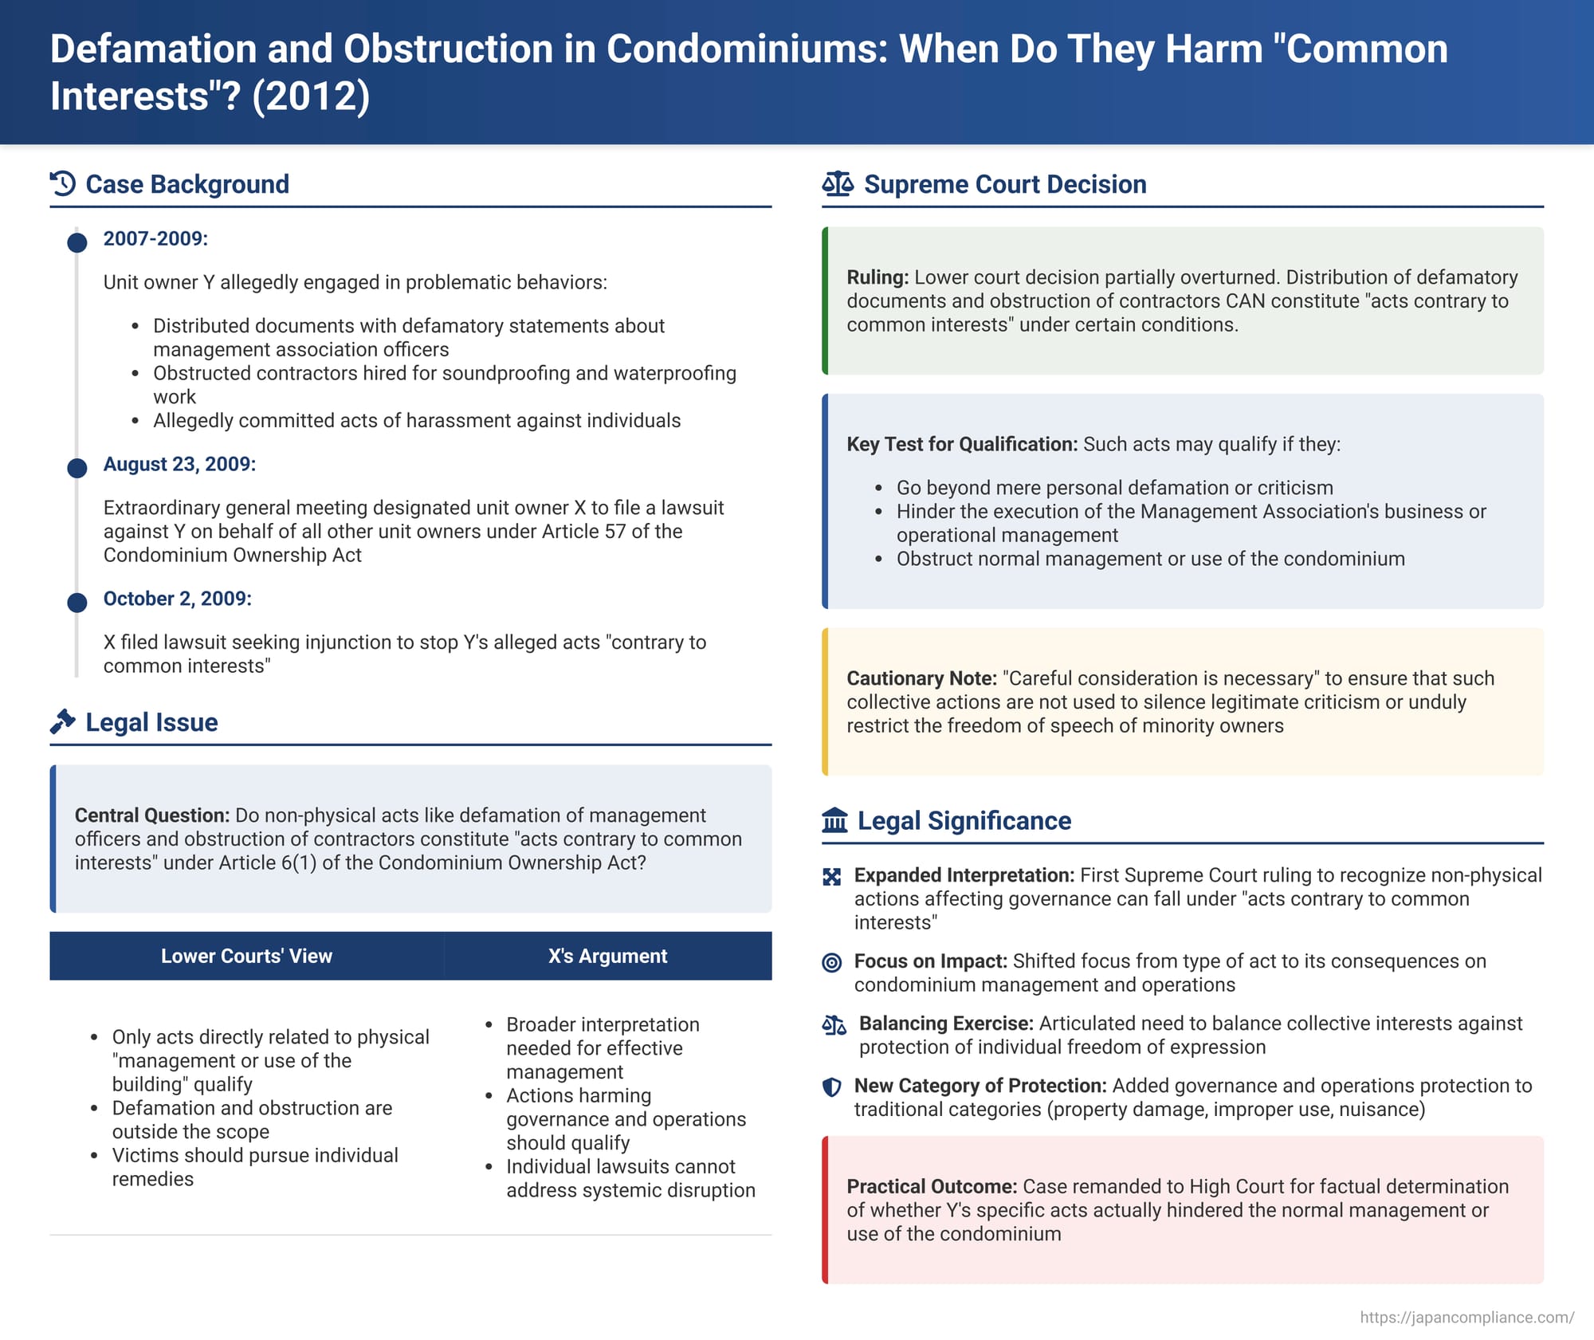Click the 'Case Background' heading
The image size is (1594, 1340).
[x=186, y=184]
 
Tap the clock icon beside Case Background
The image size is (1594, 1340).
[x=63, y=184]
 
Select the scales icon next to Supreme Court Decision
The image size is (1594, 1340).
[x=838, y=184]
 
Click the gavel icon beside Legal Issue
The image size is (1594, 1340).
[x=63, y=721]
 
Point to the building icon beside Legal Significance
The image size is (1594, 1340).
[x=834, y=820]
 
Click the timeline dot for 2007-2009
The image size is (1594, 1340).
[x=77, y=242]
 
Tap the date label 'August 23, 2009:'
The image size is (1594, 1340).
[x=179, y=464]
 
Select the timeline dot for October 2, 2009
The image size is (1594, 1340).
[x=77, y=602]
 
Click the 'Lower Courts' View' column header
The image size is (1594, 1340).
[x=246, y=956]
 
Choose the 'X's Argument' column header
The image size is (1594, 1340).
[x=607, y=956]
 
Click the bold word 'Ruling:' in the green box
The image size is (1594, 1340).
[x=877, y=277]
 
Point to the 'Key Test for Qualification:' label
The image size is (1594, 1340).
[x=962, y=444]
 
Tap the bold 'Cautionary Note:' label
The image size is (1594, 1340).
[x=921, y=678]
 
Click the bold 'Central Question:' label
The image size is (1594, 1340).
[x=152, y=815]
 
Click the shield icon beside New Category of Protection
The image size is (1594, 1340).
[x=831, y=1087]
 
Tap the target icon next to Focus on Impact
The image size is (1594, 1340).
[x=831, y=962]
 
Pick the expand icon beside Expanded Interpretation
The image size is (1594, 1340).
[x=831, y=877]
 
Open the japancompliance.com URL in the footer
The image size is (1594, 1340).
[x=1466, y=1317]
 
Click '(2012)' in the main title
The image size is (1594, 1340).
[x=311, y=96]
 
